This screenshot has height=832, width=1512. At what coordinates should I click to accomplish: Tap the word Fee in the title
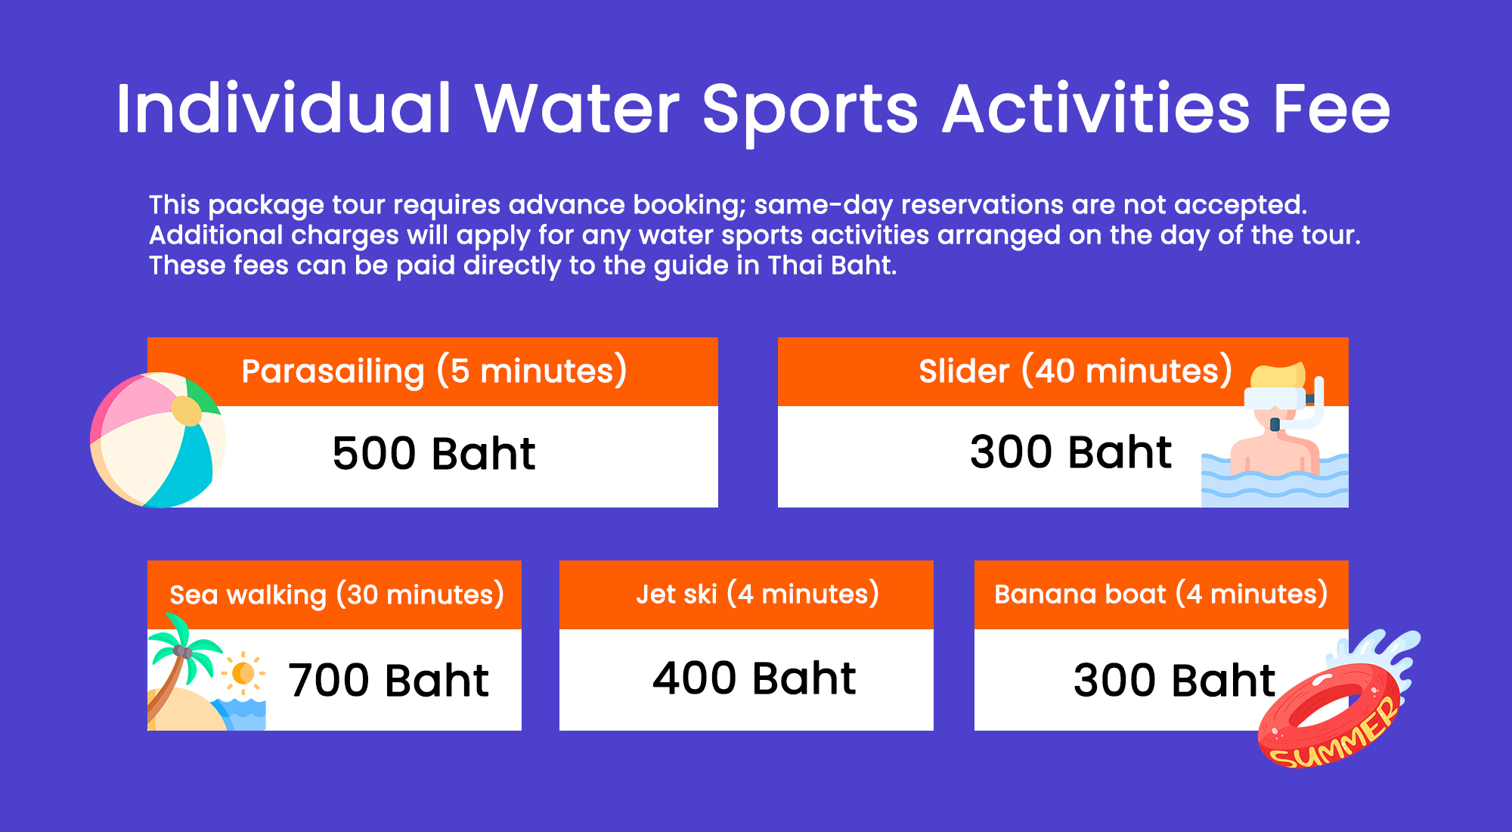pyautogui.click(x=1332, y=109)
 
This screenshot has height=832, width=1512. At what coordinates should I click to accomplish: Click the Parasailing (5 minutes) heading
pyautogui.click(x=434, y=371)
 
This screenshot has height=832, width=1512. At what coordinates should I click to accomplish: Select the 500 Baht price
pyautogui.click(x=434, y=454)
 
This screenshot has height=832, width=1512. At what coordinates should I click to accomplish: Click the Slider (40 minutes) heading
pyautogui.click(x=1075, y=371)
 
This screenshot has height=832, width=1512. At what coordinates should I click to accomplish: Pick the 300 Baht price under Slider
pyautogui.click(x=1070, y=452)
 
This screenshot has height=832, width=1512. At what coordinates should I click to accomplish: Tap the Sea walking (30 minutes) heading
pyautogui.click(x=336, y=595)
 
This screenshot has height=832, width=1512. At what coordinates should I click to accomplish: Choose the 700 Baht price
pyautogui.click(x=389, y=680)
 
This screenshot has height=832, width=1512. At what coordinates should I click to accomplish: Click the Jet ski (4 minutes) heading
pyautogui.click(x=758, y=594)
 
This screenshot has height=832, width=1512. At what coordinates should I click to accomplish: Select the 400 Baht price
pyautogui.click(x=754, y=678)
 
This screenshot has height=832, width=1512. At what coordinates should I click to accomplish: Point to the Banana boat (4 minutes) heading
pyautogui.click(x=1161, y=594)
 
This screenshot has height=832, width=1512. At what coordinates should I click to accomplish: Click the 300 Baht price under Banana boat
pyautogui.click(x=1174, y=680)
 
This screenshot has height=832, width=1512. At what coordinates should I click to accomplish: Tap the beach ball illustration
pyautogui.click(x=157, y=440)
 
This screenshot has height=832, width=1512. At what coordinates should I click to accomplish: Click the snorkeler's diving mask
pyautogui.click(x=1275, y=399)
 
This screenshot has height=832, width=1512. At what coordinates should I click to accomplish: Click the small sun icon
pyautogui.click(x=243, y=672)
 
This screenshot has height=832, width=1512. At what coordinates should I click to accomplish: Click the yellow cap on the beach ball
pyautogui.click(x=186, y=411)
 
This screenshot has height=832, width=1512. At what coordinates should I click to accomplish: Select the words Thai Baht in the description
pyautogui.click(x=832, y=265)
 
